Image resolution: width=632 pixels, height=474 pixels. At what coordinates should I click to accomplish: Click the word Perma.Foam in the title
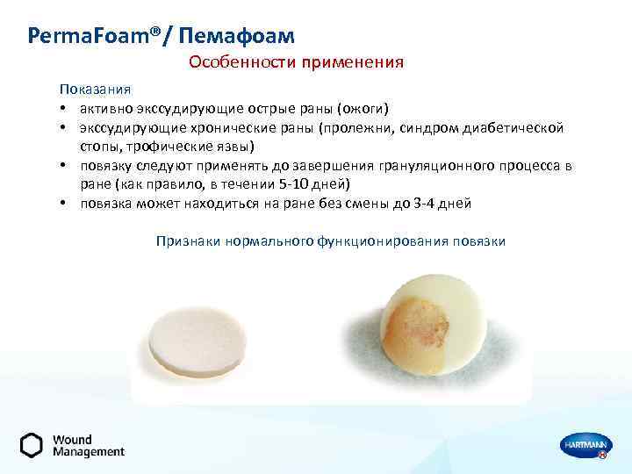(x=88, y=36)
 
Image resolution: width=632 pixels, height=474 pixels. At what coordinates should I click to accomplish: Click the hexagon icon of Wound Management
(x=32, y=446)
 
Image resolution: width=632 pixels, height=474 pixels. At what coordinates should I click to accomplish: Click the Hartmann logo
(x=581, y=445)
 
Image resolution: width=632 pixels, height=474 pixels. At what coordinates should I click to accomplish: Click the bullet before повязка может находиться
(x=64, y=203)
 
